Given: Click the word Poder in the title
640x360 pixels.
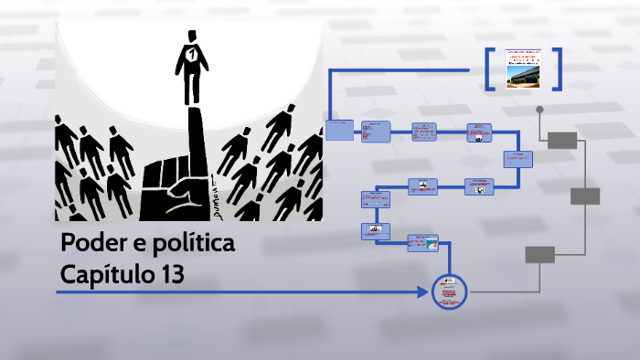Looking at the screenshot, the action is [89, 245].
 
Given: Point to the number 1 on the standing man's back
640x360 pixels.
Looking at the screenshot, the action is [191, 56].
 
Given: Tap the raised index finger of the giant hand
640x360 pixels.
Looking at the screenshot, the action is [195, 132].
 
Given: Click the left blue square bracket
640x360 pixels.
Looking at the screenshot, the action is [490, 69].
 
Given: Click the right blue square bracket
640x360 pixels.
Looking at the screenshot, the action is [556, 69].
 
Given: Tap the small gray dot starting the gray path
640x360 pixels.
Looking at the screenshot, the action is [539, 110].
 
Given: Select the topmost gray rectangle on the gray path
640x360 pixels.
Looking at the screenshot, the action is [562, 139].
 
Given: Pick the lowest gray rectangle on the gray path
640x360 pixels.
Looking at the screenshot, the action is [539, 254].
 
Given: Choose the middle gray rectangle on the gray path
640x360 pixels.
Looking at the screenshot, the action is [585, 196].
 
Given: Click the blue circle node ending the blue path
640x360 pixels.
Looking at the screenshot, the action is [449, 292].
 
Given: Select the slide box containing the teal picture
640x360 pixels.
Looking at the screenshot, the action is [422, 242].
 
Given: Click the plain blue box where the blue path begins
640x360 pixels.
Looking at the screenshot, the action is [339, 131].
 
